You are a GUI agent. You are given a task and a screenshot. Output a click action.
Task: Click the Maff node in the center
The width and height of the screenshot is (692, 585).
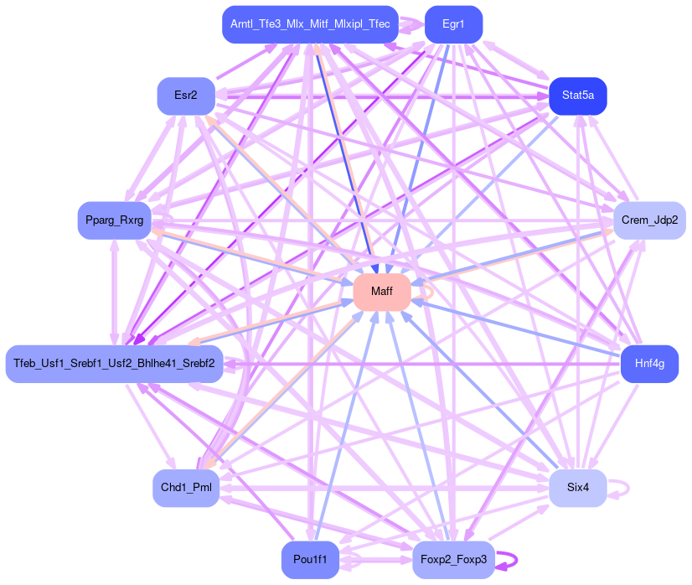[x=381, y=292]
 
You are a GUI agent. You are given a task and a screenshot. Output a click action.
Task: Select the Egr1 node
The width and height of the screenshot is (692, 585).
[x=453, y=24]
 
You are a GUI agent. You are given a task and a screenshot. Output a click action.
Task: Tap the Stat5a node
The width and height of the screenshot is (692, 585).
[x=578, y=96]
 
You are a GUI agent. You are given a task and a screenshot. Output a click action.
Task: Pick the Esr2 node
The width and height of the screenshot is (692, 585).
[x=185, y=96]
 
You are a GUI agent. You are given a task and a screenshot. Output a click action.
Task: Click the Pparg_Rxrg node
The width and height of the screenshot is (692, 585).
[x=114, y=220]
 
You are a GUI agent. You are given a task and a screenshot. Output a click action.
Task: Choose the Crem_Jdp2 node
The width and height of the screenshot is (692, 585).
[x=649, y=220]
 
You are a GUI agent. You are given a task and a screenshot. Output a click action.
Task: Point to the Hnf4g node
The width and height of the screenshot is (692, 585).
[x=649, y=364]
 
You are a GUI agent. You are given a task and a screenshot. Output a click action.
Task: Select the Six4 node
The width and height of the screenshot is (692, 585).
[x=578, y=488]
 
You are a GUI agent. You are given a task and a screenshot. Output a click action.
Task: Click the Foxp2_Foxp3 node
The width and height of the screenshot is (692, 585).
[x=453, y=559]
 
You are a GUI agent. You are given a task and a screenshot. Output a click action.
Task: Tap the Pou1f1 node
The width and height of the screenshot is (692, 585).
[x=310, y=559]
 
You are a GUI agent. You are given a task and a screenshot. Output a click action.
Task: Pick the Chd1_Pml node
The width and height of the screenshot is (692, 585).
[x=185, y=488]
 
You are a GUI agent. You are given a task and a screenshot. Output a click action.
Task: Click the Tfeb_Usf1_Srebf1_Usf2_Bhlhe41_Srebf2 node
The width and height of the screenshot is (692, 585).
[x=114, y=364]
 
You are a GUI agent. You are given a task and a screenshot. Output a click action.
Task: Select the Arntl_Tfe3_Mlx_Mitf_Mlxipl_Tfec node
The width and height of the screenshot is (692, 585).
[x=310, y=24]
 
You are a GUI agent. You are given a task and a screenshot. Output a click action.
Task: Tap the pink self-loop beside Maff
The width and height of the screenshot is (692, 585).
[x=431, y=291]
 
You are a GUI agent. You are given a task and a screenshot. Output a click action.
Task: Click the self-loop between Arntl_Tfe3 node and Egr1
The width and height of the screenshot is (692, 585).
[x=411, y=25]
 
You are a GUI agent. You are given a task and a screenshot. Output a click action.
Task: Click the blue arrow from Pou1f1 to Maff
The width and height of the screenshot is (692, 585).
[x=343, y=427]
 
